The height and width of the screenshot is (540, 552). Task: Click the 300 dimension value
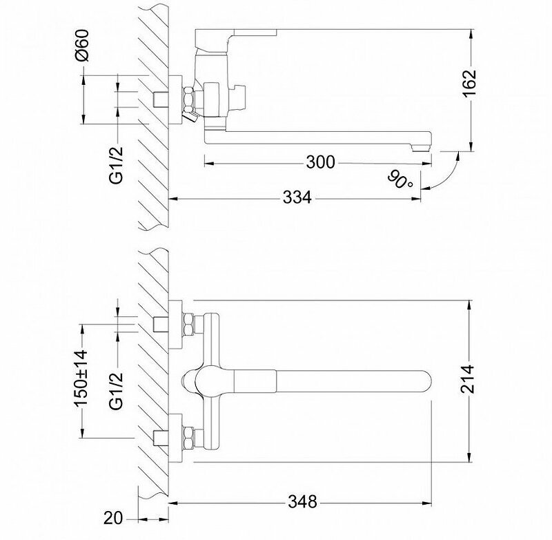tap(321, 162)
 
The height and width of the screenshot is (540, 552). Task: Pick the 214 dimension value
tap(469, 378)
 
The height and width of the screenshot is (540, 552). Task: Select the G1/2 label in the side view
tap(117, 164)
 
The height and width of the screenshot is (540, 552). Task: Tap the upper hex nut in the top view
tap(188, 324)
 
